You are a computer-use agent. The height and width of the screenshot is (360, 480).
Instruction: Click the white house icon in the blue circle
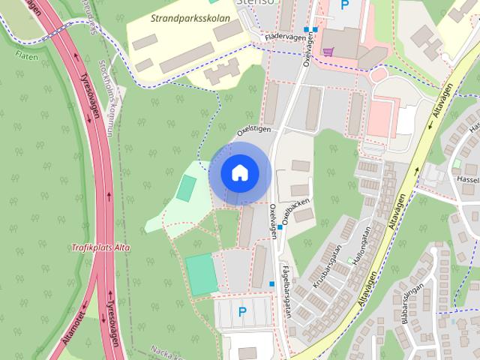pos(238,172)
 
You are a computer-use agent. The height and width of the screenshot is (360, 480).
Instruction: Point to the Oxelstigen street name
pos(253,130)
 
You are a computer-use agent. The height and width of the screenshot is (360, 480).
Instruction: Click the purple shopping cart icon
pos(328,52)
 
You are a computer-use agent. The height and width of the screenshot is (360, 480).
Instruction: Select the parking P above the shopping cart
pos(344,5)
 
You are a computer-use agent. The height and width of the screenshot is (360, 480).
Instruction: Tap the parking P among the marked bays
pos(241,311)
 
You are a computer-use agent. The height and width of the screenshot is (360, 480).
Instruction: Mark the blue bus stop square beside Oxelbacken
pos(280,226)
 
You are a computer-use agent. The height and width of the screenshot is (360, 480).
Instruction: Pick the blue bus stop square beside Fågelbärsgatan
pos(271,283)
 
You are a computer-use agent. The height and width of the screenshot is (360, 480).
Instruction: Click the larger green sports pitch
pos(202,274)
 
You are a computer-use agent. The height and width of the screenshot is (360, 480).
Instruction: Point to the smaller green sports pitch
pos(184,187)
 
